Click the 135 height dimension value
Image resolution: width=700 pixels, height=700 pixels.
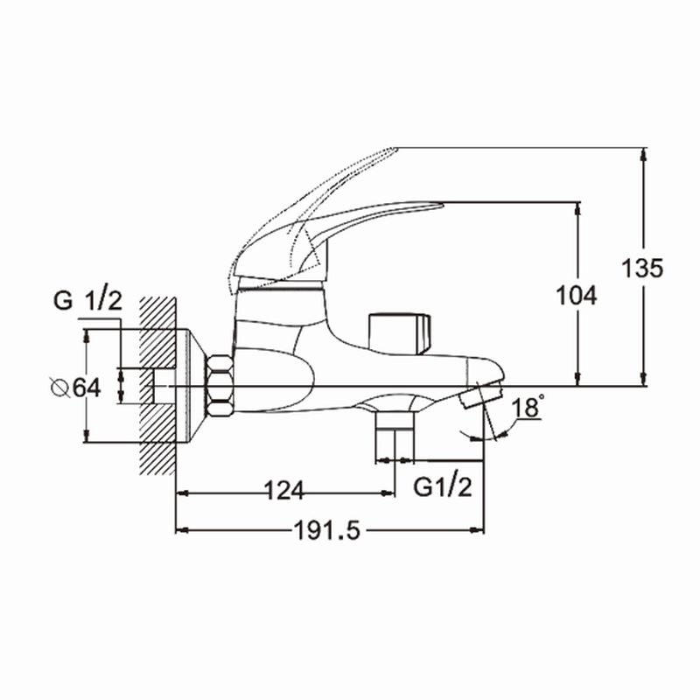[641, 268]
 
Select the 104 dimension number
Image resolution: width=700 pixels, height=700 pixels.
[577, 296]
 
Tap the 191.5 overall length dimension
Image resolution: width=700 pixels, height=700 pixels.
[329, 531]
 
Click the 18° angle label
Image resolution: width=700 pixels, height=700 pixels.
[528, 409]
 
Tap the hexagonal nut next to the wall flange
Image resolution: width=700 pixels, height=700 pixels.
[219, 387]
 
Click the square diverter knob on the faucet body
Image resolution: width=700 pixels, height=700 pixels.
[399, 332]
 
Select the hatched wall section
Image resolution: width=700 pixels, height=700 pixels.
[159, 385]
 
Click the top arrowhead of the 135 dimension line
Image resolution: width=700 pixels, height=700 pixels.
[644, 152]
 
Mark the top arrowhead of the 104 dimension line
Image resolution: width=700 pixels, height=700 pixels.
[578, 207]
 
